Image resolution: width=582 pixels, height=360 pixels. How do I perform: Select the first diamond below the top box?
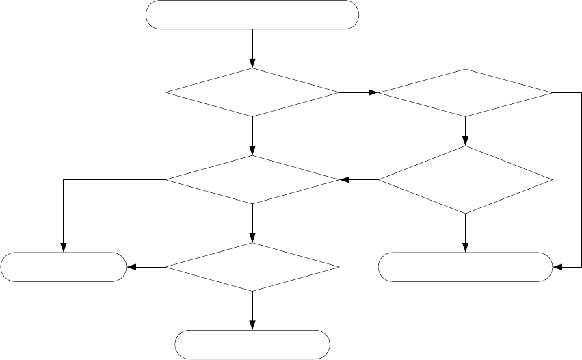pyautogui.click(x=253, y=92)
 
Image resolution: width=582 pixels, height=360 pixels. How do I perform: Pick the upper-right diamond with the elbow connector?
pyautogui.click(x=465, y=92)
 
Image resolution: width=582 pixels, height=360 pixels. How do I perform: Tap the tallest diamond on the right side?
pyautogui.click(x=465, y=180)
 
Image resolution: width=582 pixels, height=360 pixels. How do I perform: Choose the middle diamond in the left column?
pyautogui.click(x=253, y=180)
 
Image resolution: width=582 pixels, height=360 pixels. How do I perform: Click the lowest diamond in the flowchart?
pyautogui.click(x=253, y=267)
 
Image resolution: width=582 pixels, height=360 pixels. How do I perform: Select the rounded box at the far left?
pyautogui.click(x=64, y=267)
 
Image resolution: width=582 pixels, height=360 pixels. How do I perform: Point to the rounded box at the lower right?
pyautogui.click(x=465, y=267)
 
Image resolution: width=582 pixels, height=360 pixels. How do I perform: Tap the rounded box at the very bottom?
pyautogui.click(x=253, y=344)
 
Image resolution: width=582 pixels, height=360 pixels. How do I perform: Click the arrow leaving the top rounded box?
pyautogui.click(x=253, y=48)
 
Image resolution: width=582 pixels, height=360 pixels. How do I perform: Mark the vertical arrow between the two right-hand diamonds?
pyautogui.click(x=465, y=131)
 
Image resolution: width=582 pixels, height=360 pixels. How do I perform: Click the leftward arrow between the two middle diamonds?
pyautogui.click(x=359, y=180)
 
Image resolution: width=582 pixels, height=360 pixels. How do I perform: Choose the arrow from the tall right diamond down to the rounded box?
pyautogui.click(x=465, y=233)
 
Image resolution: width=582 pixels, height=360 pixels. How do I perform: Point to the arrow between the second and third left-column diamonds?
pyautogui.click(x=253, y=223)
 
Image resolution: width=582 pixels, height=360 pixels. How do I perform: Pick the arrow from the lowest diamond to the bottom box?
pyautogui.click(x=253, y=310)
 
